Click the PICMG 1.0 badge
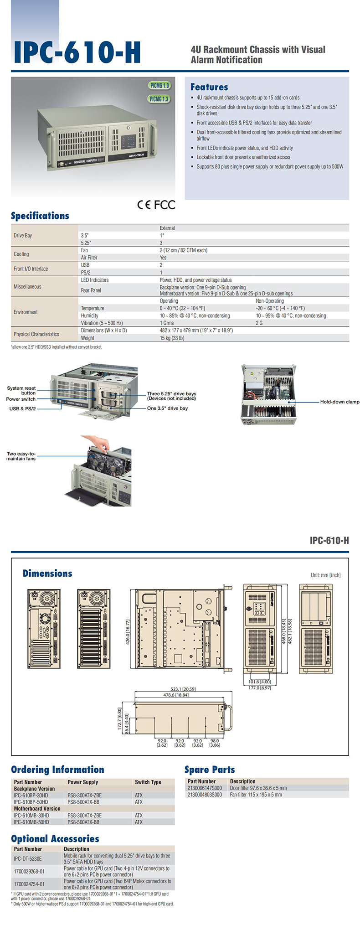click(x=159, y=86)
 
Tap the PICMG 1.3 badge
click(x=159, y=99)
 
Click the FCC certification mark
click(x=165, y=205)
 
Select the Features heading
click(x=209, y=87)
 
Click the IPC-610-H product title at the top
click(x=77, y=52)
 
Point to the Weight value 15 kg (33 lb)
click(x=172, y=338)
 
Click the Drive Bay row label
click(x=23, y=236)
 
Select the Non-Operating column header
click(x=270, y=301)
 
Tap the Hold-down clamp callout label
click(x=340, y=402)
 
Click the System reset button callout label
click(x=21, y=391)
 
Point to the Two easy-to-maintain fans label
click(x=21, y=456)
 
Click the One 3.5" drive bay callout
click(x=167, y=408)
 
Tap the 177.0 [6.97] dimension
click(x=260, y=688)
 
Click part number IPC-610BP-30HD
click(x=31, y=796)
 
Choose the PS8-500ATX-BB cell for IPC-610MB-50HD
click(x=83, y=822)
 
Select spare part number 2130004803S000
click(x=205, y=795)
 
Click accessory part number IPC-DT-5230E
click(x=28, y=859)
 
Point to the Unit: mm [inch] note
click(x=326, y=575)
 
